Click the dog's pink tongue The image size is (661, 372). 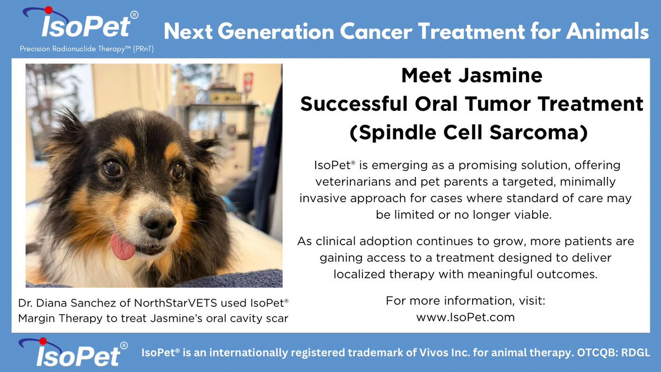coord(122,246)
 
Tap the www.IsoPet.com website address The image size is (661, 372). coord(465,317)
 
